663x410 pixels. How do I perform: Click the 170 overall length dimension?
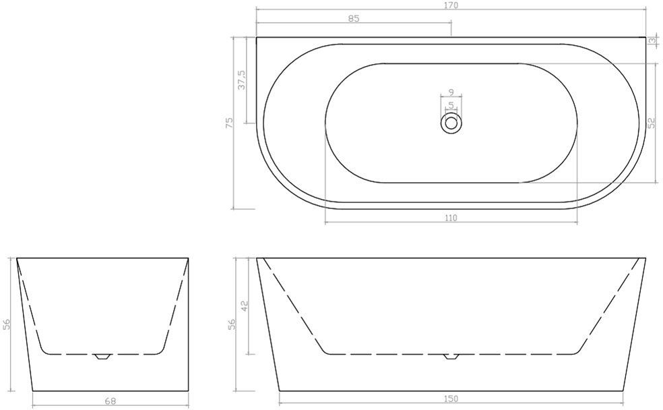[x=451, y=5]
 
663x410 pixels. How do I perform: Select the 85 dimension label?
[x=354, y=18]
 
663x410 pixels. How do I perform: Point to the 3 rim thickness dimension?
[x=654, y=40]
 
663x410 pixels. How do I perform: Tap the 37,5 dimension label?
[x=242, y=80]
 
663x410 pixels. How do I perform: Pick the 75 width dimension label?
[x=229, y=123]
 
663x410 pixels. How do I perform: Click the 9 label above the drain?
[x=451, y=92]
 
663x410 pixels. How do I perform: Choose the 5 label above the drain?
[x=451, y=105]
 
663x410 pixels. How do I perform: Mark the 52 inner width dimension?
[x=652, y=123]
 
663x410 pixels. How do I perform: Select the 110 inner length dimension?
[x=451, y=218]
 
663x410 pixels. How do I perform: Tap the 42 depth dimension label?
[x=244, y=305]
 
